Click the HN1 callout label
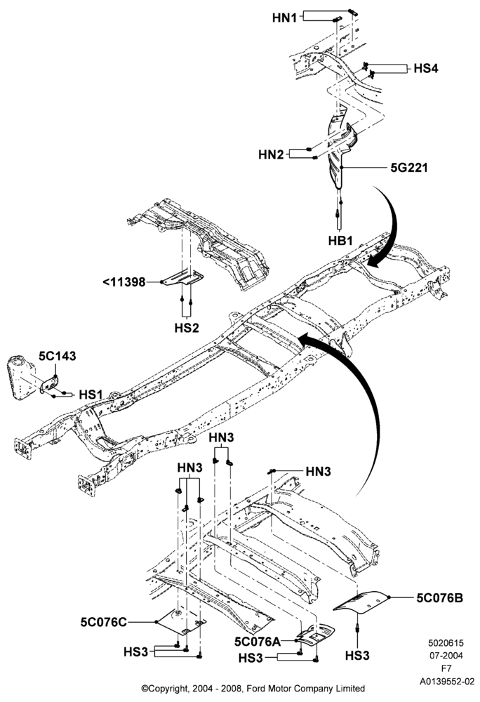click(x=284, y=18)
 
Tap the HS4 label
click(x=425, y=69)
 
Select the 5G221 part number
click(x=409, y=168)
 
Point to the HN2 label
click(x=271, y=155)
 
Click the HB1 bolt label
click(x=340, y=241)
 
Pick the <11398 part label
click(x=124, y=282)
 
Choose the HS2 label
click(x=187, y=328)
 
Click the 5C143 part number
click(x=58, y=356)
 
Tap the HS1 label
click(x=91, y=395)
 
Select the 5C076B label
click(x=440, y=597)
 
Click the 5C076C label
click(x=104, y=622)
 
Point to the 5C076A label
click(x=258, y=642)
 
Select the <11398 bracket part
click(x=182, y=278)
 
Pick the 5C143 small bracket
click(x=49, y=385)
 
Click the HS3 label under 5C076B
click(x=357, y=656)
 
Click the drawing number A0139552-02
click(x=446, y=682)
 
